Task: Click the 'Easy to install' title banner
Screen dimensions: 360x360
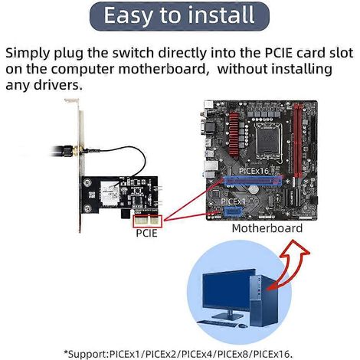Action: [179, 16]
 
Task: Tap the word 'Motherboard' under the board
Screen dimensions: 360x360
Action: [267, 228]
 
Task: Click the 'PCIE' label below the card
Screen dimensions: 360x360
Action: [146, 233]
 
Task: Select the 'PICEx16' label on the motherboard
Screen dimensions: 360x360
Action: [254, 171]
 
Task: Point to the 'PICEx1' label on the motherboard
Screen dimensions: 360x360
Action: [233, 201]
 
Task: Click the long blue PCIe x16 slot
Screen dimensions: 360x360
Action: [254, 181]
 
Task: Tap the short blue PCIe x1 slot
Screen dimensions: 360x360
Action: [234, 211]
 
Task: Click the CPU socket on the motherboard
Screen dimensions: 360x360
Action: [269, 140]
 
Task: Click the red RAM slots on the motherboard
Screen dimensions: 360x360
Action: [298, 140]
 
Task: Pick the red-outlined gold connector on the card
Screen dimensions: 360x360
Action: [148, 221]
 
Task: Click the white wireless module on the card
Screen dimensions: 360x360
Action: [110, 194]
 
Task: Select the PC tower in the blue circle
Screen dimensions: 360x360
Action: [264, 300]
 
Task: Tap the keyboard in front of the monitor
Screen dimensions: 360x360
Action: [217, 323]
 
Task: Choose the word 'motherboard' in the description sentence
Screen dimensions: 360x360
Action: [162, 69]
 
